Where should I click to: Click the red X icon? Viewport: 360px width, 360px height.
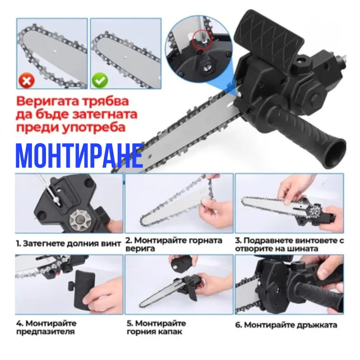[27, 81]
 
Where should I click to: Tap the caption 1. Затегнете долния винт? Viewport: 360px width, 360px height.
[68, 243]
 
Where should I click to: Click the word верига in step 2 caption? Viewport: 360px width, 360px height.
[140, 249]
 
